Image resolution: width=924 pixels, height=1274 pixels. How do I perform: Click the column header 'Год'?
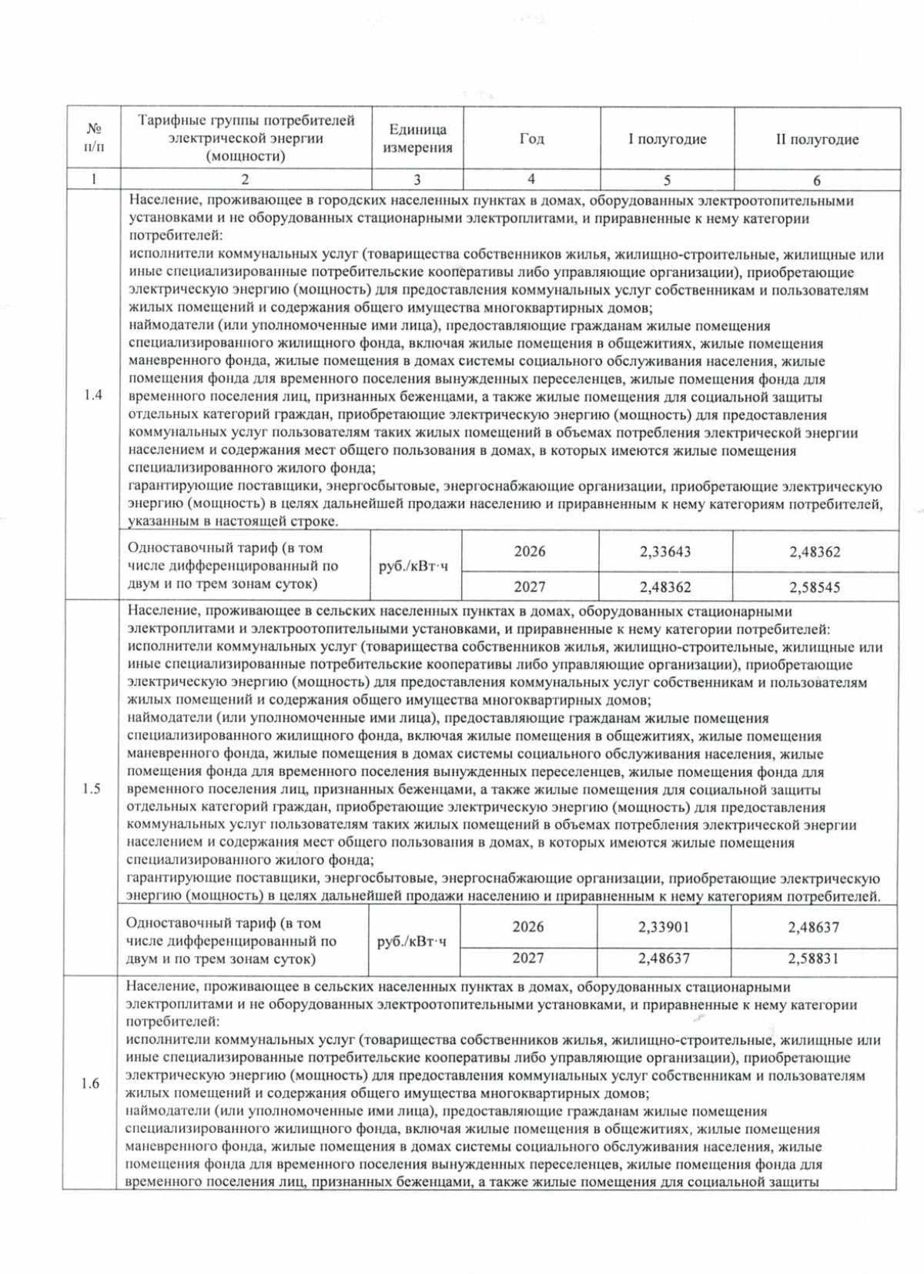[x=531, y=139]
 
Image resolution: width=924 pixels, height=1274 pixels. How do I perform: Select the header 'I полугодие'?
[x=667, y=139]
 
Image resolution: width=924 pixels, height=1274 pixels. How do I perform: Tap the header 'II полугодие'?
[x=816, y=139]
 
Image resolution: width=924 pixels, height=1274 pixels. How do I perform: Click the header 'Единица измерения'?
[x=417, y=139]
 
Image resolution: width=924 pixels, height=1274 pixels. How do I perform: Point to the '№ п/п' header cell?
[x=94, y=137]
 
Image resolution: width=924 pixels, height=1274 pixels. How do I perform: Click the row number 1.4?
[x=93, y=396]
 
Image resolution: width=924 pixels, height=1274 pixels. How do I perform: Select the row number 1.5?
[x=92, y=789]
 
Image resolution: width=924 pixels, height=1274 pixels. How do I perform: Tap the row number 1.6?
[x=91, y=1084]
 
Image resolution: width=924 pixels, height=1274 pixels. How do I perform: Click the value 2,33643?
[x=665, y=552]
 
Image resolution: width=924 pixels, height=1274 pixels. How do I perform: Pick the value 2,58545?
[x=815, y=587]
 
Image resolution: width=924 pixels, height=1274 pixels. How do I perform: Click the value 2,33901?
[x=664, y=928]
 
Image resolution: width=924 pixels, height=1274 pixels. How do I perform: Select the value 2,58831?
[x=813, y=959]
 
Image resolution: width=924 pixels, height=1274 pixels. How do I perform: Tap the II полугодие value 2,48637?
[x=813, y=928]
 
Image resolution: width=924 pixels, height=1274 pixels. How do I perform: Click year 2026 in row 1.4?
[x=530, y=552]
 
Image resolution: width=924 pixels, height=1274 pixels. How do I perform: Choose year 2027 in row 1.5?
[x=528, y=959]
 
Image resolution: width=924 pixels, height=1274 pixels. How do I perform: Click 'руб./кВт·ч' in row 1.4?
[x=414, y=567]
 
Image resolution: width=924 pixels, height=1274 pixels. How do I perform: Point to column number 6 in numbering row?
[x=816, y=180]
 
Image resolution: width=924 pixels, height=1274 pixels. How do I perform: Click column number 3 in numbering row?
[x=417, y=180]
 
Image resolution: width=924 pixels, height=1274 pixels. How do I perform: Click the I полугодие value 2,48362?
[x=665, y=587]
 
